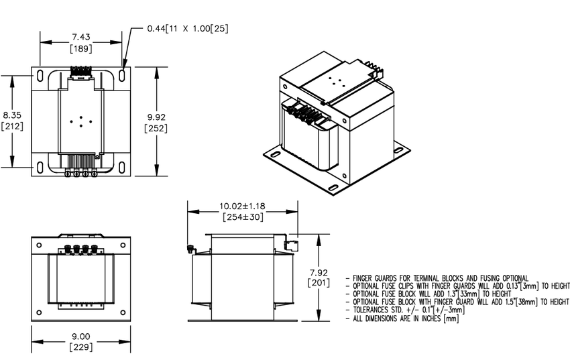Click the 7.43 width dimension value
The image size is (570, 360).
(80, 37)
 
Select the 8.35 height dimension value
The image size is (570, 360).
(12, 115)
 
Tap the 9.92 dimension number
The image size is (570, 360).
(156, 117)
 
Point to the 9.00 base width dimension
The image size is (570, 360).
(80, 337)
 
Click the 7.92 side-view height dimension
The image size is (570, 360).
(319, 272)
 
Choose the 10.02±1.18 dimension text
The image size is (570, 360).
(242, 206)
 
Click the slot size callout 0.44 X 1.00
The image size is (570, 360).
(188, 28)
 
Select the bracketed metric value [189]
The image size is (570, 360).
(80, 48)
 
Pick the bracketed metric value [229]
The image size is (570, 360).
(80, 347)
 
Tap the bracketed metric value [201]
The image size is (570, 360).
(319, 283)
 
